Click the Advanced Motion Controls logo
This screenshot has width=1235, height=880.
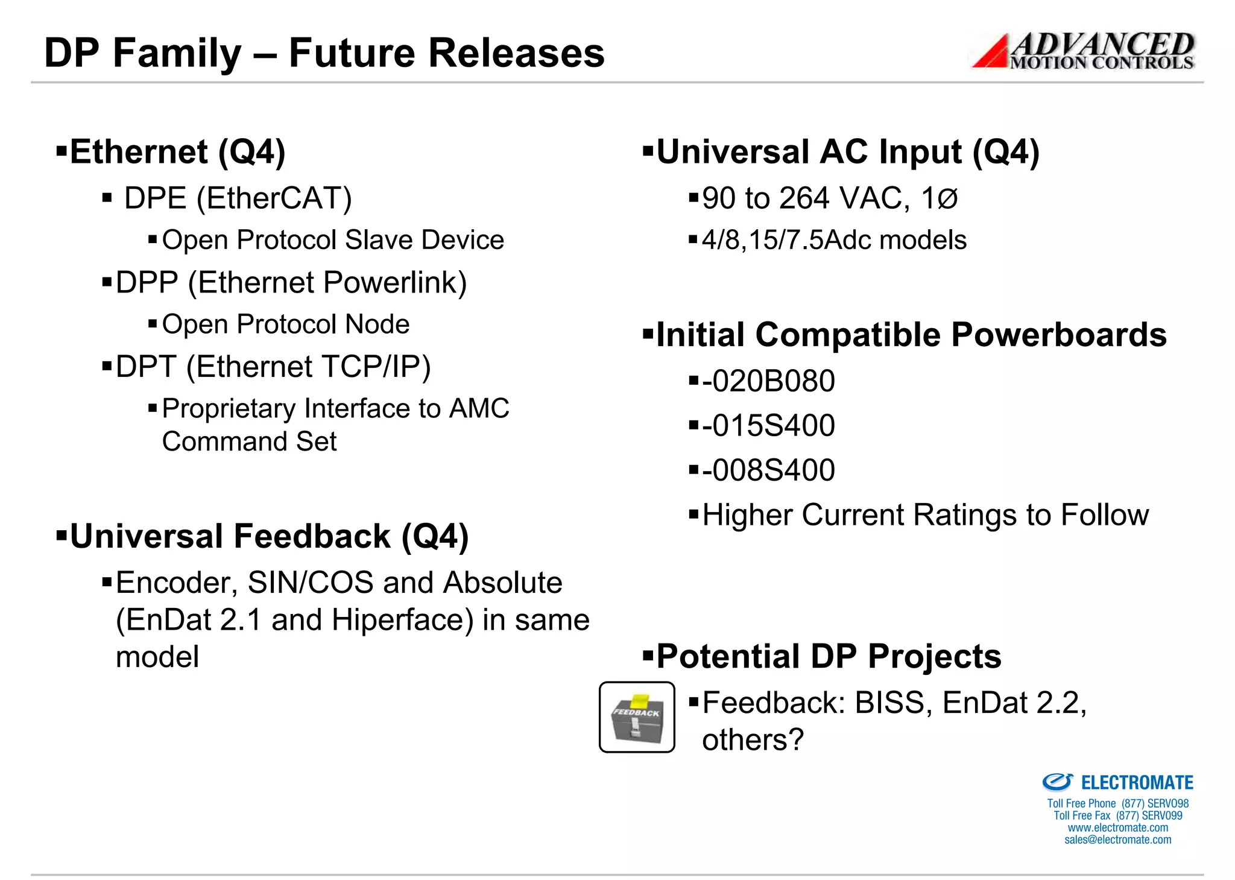pyautogui.click(x=1083, y=51)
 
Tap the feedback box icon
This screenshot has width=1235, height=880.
pyautogui.click(x=637, y=717)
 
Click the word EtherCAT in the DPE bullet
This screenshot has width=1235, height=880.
pyautogui.click(x=274, y=198)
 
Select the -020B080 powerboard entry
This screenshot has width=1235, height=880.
pyautogui.click(x=768, y=381)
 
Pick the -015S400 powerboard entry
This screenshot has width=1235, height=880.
pyautogui.click(x=768, y=426)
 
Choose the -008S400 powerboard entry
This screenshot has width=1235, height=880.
pyautogui.click(x=768, y=470)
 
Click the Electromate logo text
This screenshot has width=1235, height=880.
pyautogui.click(x=1136, y=783)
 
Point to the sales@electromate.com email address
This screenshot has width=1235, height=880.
pyautogui.click(x=1117, y=840)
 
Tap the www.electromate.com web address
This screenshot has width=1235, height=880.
pyautogui.click(x=1117, y=828)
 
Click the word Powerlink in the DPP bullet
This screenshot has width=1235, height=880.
pyautogui.click(x=394, y=283)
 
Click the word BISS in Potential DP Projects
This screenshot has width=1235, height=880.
pyautogui.click(x=889, y=703)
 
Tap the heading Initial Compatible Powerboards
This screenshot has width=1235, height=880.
pyautogui.click(x=911, y=335)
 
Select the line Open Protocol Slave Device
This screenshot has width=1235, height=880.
pyautogui.click(x=333, y=240)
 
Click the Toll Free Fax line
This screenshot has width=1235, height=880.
pyautogui.click(x=1117, y=815)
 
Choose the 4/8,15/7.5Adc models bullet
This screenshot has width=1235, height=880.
pyautogui.click(x=833, y=240)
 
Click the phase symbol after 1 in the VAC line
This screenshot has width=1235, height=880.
pyautogui.click(x=947, y=198)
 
